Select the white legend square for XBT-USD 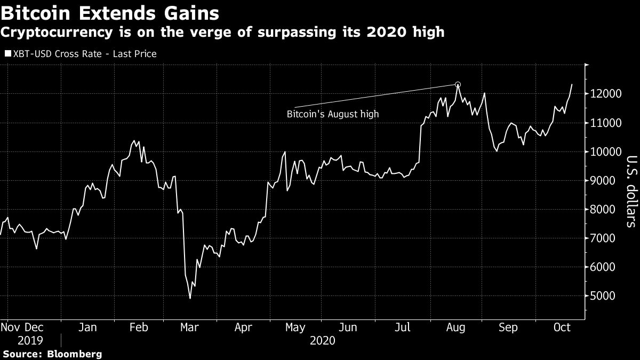pyautogui.click(x=7, y=54)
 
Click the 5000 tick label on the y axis pyautogui.click(x=602, y=295)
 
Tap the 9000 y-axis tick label pyautogui.click(x=602, y=180)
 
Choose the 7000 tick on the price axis pyautogui.click(x=602, y=238)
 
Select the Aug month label pyautogui.click(x=457, y=327)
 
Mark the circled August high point pyautogui.click(x=458, y=85)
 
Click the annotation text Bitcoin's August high pyautogui.click(x=332, y=114)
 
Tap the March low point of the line pyautogui.click(x=190, y=298)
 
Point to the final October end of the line pyautogui.click(x=572, y=84)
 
